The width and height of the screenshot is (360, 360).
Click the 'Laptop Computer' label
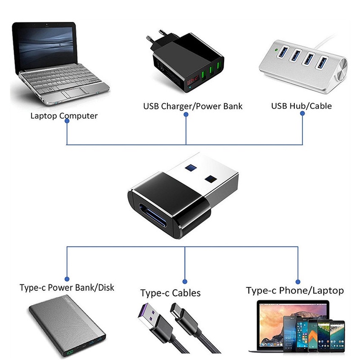point(64,116)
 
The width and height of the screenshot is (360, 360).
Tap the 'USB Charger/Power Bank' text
point(193,107)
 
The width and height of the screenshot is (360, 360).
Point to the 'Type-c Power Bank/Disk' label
point(67,288)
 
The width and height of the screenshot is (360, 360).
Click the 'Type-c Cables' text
point(170,293)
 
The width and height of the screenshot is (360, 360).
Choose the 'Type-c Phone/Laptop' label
point(295,290)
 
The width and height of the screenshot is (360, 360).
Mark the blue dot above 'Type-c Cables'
point(185,279)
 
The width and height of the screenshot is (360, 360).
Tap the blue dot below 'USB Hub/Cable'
point(302,114)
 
